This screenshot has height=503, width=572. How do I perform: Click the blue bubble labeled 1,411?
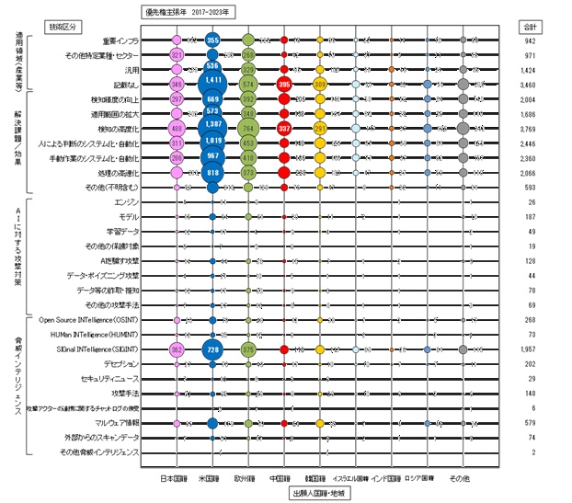point(212,84)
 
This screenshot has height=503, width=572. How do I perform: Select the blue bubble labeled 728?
point(212,349)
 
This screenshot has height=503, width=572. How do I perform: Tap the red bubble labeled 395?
point(284,84)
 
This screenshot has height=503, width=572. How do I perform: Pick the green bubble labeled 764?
point(248,128)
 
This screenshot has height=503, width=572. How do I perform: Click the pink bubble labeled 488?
point(177,128)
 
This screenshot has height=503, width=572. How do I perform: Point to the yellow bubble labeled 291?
point(320,128)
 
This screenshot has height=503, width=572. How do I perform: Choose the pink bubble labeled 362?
point(177,349)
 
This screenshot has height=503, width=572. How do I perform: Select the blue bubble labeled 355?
point(212,40)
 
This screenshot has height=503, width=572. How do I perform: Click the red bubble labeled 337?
point(284,128)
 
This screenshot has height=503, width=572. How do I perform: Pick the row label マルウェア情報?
point(117,423)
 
